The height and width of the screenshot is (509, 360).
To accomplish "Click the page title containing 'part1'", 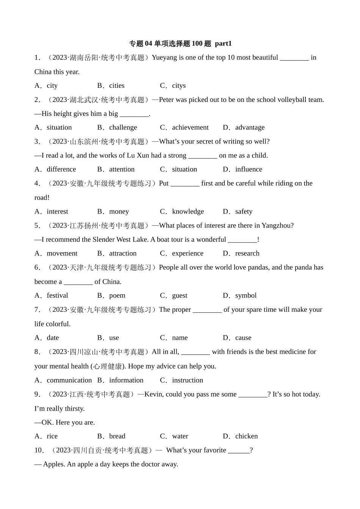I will [x=180, y=44].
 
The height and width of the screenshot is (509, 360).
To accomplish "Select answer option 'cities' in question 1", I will [x=117, y=86].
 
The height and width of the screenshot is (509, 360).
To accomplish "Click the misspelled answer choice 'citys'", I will [x=179, y=86].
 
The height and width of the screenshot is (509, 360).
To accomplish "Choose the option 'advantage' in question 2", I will [x=250, y=128].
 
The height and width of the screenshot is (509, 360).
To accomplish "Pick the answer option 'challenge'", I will [x=123, y=128].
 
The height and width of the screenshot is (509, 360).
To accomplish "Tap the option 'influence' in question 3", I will [x=249, y=169].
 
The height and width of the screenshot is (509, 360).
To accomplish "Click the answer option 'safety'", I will [x=244, y=211].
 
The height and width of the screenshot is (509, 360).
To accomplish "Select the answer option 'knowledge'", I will [x=188, y=211].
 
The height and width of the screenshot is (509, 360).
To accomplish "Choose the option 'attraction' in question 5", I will [x=123, y=253].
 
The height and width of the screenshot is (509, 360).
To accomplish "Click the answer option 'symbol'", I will [x=246, y=295].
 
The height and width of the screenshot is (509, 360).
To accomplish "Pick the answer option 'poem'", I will [x=117, y=295].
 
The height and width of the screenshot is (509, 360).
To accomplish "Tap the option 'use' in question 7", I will [x=114, y=338].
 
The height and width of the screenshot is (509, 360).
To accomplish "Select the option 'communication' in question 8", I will [x=69, y=380].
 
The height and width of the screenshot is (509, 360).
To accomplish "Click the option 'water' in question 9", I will [x=180, y=436].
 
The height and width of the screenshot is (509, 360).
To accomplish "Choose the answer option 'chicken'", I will [x=246, y=436].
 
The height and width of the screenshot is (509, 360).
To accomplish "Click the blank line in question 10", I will [x=239, y=451].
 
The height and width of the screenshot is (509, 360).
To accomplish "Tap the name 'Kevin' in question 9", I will [x=153, y=394].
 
